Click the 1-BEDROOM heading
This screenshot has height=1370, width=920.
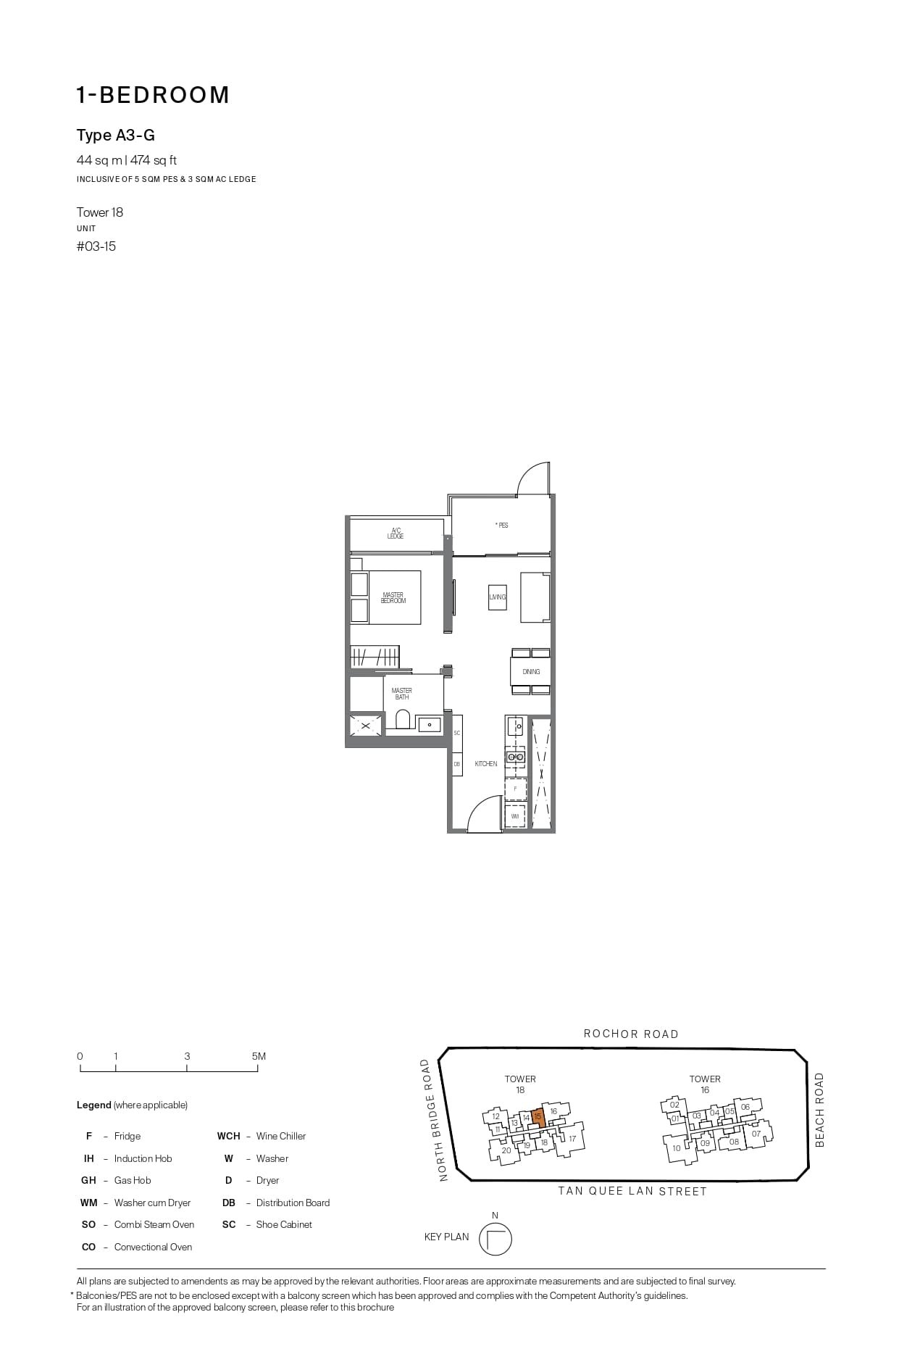pyautogui.click(x=153, y=95)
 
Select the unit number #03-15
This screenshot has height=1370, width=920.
pyautogui.click(x=96, y=246)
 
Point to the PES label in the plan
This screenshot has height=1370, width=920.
pyautogui.click(x=501, y=525)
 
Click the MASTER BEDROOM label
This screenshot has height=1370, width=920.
pyautogui.click(x=393, y=598)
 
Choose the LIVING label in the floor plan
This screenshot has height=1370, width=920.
pyautogui.click(x=498, y=597)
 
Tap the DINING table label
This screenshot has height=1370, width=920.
pyautogui.click(x=531, y=672)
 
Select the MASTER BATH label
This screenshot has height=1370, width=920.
pyautogui.click(x=402, y=694)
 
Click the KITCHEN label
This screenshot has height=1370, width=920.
pyautogui.click(x=486, y=763)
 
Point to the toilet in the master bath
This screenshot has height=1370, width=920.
pyautogui.click(x=403, y=719)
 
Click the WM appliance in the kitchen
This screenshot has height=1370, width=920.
pyautogui.click(x=515, y=816)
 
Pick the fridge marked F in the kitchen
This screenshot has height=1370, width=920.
pyautogui.click(x=515, y=789)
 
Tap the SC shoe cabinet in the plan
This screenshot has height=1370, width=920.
pyautogui.click(x=457, y=733)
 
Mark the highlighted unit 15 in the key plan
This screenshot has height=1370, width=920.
pyautogui.click(x=538, y=1117)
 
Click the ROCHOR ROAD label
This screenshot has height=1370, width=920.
pyautogui.click(x=631, y=1034)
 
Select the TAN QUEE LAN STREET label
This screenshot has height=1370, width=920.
pyautogui.click(x=632, y=1191)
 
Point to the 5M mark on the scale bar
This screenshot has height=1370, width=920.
pyautogui.click(x=259, y=1057)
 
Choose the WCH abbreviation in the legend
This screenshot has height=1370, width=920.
pyautogui.click(x=228, y=1136)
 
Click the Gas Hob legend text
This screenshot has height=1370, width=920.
pyautogui.click(x=133, y=1180)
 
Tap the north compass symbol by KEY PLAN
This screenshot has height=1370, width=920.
pyautogui.click(x=495, y=1239)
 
